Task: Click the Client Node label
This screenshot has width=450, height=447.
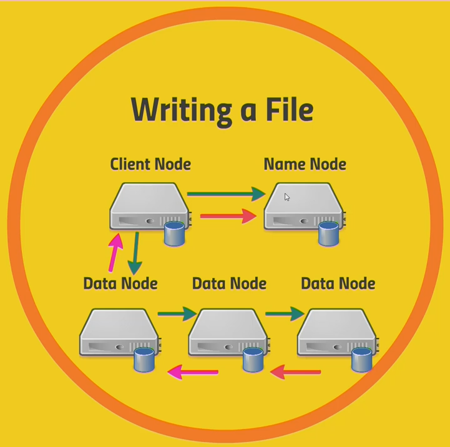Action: [x=150, y=164]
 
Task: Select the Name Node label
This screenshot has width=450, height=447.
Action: [x=305, y=164]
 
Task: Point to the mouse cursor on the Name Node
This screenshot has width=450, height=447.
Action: [x=286, y=197]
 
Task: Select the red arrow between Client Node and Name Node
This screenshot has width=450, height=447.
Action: [x=228, y=217]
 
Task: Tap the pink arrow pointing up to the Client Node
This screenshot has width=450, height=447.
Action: [x=115, y=252]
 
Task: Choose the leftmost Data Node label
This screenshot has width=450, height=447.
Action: [x=120, y=283]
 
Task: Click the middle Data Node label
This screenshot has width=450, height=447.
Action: [x=229, y=283]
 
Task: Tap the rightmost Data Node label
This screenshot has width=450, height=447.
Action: [x=338, y=283]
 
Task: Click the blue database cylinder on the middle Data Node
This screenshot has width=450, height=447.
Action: [x=253, y=360]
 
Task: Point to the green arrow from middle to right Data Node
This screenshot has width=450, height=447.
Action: [x=285, y=313]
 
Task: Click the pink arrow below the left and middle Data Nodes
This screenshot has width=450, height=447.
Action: [x=192, y=373]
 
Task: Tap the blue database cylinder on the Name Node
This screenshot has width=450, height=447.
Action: [x=328, y=233]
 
